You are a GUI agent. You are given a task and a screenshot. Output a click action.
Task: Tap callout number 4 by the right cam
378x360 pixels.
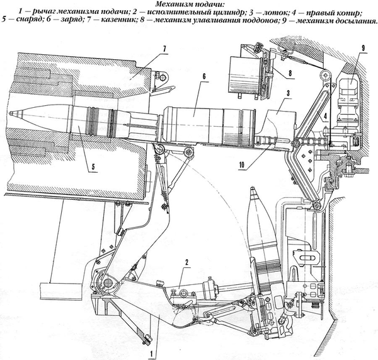323,116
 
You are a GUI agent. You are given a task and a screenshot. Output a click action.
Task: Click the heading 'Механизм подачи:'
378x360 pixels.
188,5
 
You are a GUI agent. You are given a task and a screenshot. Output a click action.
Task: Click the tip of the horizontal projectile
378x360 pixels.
11,113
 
